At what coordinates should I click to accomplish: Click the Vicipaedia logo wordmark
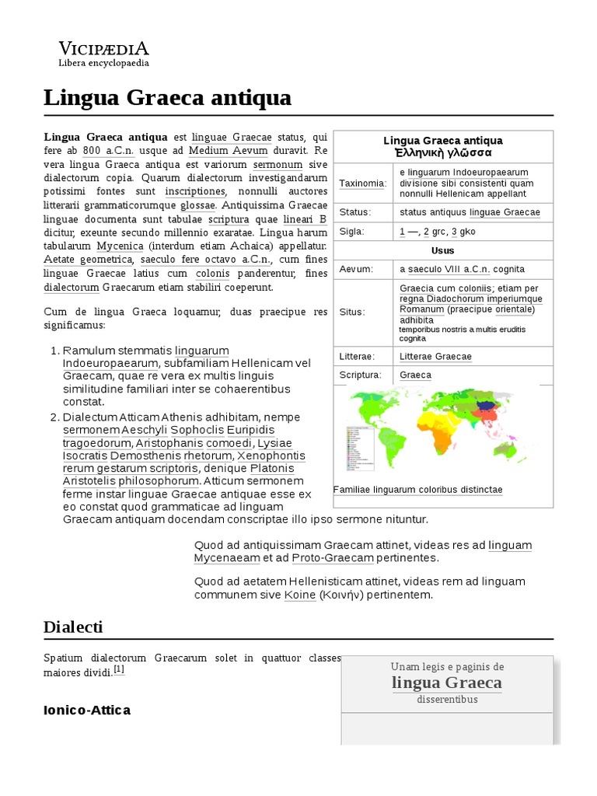(x=104, y=47)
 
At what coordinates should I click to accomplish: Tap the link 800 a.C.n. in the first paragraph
(x=108, y=150)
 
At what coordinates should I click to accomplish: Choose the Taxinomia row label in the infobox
(x=362, y=183)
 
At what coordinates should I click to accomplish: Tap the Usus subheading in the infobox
(x=443, y=250)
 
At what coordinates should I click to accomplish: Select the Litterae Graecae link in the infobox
(x=435, y=356)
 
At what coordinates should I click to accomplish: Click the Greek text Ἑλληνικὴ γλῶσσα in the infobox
(x=443, y=152)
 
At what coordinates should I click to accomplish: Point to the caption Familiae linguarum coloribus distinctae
(x=417, y=490)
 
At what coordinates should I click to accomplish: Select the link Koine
(x=299, y=595)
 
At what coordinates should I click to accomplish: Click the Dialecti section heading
(x=73, y=627)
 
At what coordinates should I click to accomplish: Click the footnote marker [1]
(x=119, y=669)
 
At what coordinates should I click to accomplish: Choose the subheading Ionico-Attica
(x=87, y=710)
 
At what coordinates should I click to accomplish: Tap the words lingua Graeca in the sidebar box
(x=446, y=683)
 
